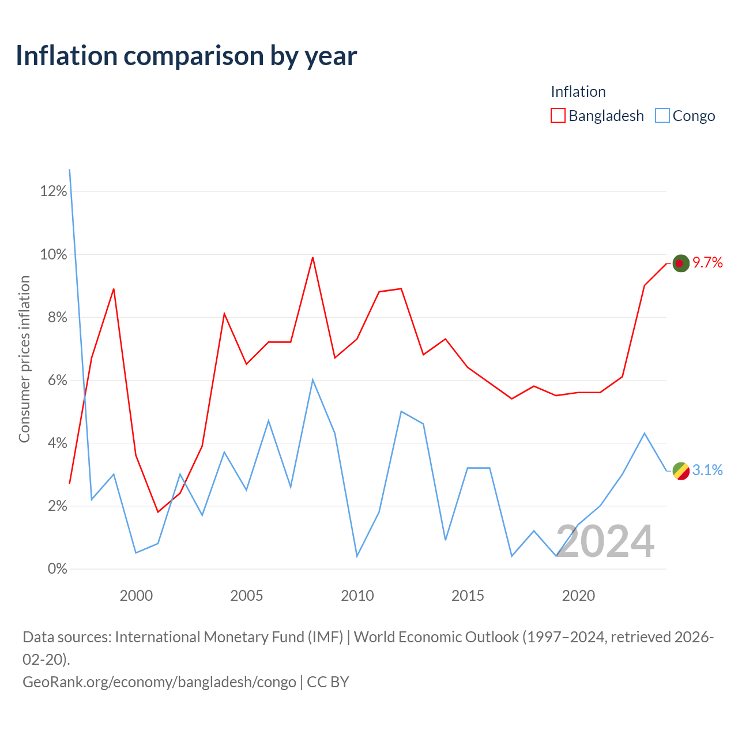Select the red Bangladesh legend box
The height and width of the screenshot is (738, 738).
click(x=558, y=115)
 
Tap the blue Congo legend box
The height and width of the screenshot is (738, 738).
click(x=662, y=115)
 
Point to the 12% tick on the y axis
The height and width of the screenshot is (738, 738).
click(x=54, y=191)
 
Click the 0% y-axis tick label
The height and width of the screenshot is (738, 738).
click(x=58, y=568)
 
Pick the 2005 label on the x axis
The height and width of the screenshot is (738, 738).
click(x=247, y=596)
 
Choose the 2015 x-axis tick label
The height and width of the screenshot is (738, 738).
click(x=468, y=596)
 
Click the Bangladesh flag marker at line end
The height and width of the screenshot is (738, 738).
click(x=681, y=263)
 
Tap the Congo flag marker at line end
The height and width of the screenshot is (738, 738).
click(x=681, y=470)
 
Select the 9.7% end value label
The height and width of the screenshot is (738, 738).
click(x=707, y=263)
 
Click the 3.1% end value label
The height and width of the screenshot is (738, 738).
click(x=707, y=470)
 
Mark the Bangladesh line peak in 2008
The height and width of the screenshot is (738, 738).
click(x=313, y=257)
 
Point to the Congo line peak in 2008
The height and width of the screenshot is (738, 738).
click(x=313, y=380)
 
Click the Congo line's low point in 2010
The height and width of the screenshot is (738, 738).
click(x=357, y=556)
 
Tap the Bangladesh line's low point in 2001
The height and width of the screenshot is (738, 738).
click(x=158, y=512)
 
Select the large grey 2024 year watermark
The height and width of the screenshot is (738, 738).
click(x=605, y=541)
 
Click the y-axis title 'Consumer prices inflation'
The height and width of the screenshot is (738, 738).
click(x=24, y=359)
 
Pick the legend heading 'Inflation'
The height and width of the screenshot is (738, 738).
click(x=578, y=92)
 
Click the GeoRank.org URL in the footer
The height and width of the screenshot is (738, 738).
click(x=159, y=682)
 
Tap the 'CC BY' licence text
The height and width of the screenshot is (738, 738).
click(x=328, y=682)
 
